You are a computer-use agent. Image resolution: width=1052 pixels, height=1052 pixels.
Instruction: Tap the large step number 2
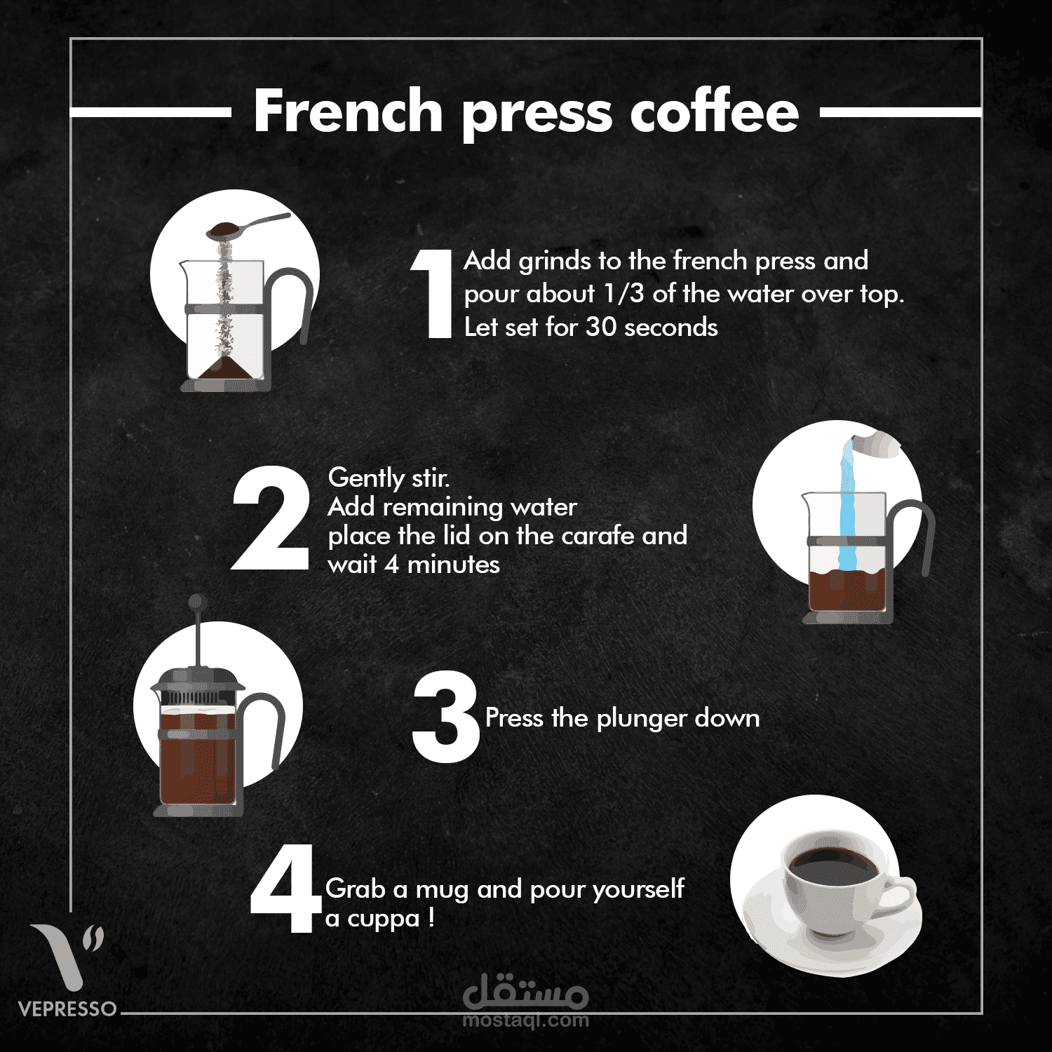(x=271, y=518)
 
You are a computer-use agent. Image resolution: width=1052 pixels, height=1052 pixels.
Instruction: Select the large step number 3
(x=446, y=717)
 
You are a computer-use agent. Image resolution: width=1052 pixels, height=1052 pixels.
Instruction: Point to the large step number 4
(x=284, y=889)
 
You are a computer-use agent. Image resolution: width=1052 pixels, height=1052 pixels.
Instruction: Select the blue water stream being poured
(x=847, y=505)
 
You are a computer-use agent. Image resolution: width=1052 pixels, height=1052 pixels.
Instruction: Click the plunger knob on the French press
(x=198, y=602)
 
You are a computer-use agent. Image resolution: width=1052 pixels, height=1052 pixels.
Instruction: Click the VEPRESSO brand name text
(x=67, y=1009)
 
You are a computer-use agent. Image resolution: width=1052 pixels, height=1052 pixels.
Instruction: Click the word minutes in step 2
(x=453, y=565)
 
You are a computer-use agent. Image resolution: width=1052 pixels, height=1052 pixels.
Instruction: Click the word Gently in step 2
(x=366, y=478)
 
